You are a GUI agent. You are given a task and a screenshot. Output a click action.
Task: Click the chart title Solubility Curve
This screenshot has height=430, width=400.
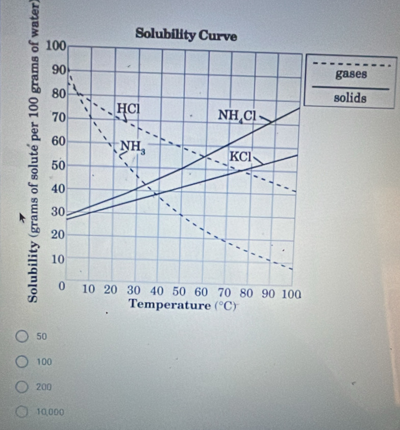click(x=186, y=36)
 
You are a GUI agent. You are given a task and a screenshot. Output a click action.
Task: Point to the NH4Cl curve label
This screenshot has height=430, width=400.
click(x=237, y=115)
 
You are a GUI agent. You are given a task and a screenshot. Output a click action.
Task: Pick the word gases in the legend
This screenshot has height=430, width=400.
click(x=351, y=75)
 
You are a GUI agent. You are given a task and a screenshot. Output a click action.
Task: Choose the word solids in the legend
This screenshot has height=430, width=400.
click(x=349, y=98)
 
